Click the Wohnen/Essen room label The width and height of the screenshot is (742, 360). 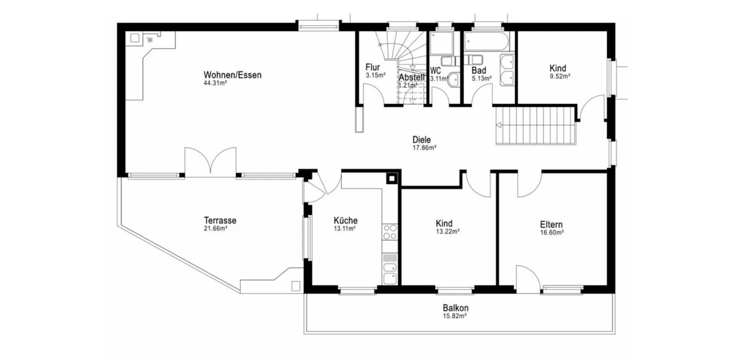[232, 75]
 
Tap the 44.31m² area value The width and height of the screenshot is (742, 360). [215, 83]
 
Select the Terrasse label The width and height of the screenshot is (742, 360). [220, 220]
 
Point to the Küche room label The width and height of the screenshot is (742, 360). [345, 220]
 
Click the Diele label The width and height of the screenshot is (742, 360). [421, 140]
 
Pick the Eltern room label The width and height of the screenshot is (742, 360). [551, 224]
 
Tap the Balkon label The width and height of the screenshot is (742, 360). [456, 307]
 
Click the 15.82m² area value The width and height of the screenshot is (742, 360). [455, 316]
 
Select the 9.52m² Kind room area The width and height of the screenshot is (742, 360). [560, 76]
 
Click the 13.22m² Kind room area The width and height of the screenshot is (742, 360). [447, 231]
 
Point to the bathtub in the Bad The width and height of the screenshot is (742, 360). [486, 41]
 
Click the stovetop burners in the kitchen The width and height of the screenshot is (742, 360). [390, 232]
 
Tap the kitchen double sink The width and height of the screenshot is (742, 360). [390, 273]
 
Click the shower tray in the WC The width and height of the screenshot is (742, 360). [441, 43]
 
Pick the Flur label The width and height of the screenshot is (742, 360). [373, 67]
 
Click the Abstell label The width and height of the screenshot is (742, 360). [411, 77]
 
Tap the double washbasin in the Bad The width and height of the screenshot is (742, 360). [507, 71]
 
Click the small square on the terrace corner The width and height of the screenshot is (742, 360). [296, 286]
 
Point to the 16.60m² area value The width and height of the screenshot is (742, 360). [552, 232]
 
